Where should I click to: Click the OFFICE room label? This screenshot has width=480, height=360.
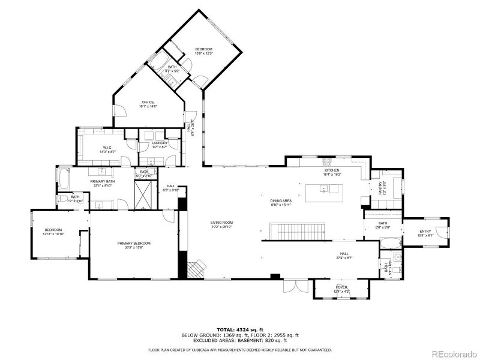[148, 102]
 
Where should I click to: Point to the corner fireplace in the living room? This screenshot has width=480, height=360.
[196, 269]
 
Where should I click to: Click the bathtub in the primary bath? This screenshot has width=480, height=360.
[64, 178]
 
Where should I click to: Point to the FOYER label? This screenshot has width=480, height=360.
[341, 288]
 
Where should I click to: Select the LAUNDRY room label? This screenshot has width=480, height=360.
[159, 143]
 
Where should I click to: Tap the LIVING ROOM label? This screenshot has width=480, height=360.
[221, 223]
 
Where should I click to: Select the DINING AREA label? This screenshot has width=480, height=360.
[280, 201]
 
